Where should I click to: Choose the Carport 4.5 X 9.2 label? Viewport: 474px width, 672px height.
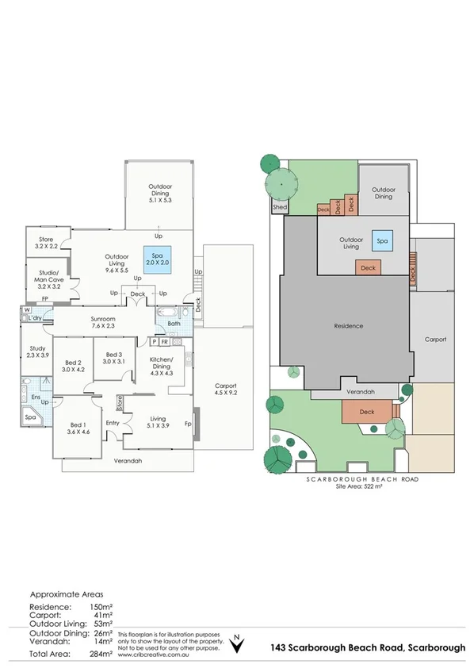[226, 391]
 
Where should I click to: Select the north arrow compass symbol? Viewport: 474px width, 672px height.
[236, 645]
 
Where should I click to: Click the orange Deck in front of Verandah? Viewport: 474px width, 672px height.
[367, 413]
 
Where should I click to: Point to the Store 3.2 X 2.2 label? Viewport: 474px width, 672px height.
[43, 242]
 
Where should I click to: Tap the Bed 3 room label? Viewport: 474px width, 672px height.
[113, 358]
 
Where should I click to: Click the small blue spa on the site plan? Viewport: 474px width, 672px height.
[382, 241]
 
